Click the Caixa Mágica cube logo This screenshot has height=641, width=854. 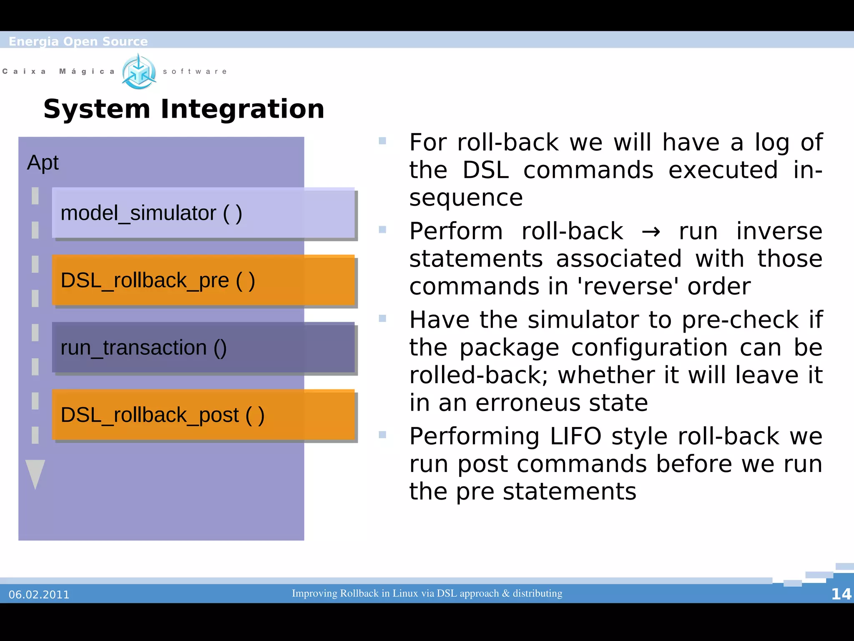pyautogui.click(x=139, y=72)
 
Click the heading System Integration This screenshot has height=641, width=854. pyautogui.click(x=183, y=109)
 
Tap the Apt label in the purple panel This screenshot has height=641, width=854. pyautogui.click(x=43, y=162)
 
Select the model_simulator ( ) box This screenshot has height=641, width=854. pyautogui.click(x=203, y=213)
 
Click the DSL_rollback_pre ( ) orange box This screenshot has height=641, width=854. pyautogui.click(x=203, y=280)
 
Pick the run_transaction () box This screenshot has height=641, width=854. pyautogui.click(x=203, y=347)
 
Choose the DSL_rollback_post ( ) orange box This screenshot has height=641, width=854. pyautogui.click(x=203, y=415)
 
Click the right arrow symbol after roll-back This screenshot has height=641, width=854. pyautogui.click(x=651, y=232)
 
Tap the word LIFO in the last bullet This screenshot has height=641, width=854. pyautogui.click(x=575, y=437)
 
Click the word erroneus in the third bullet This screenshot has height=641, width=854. pyautogui.click(x=527, y=403)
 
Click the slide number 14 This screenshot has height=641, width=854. pyautogui.click(x=841, y=594)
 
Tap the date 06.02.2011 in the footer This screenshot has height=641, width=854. pyautogui.click(x=39, y=594)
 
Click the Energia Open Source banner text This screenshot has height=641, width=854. pyautogui.click(x=78, y=41)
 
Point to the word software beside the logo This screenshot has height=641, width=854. pyautogui.click(x=195, y=71)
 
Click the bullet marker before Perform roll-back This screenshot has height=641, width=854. pyautogui.click(x=382, y=230)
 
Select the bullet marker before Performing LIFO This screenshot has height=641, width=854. pyautogui.click(x=382, y=435)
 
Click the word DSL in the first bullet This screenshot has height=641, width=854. pyautogui.click(x=486, y=170)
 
